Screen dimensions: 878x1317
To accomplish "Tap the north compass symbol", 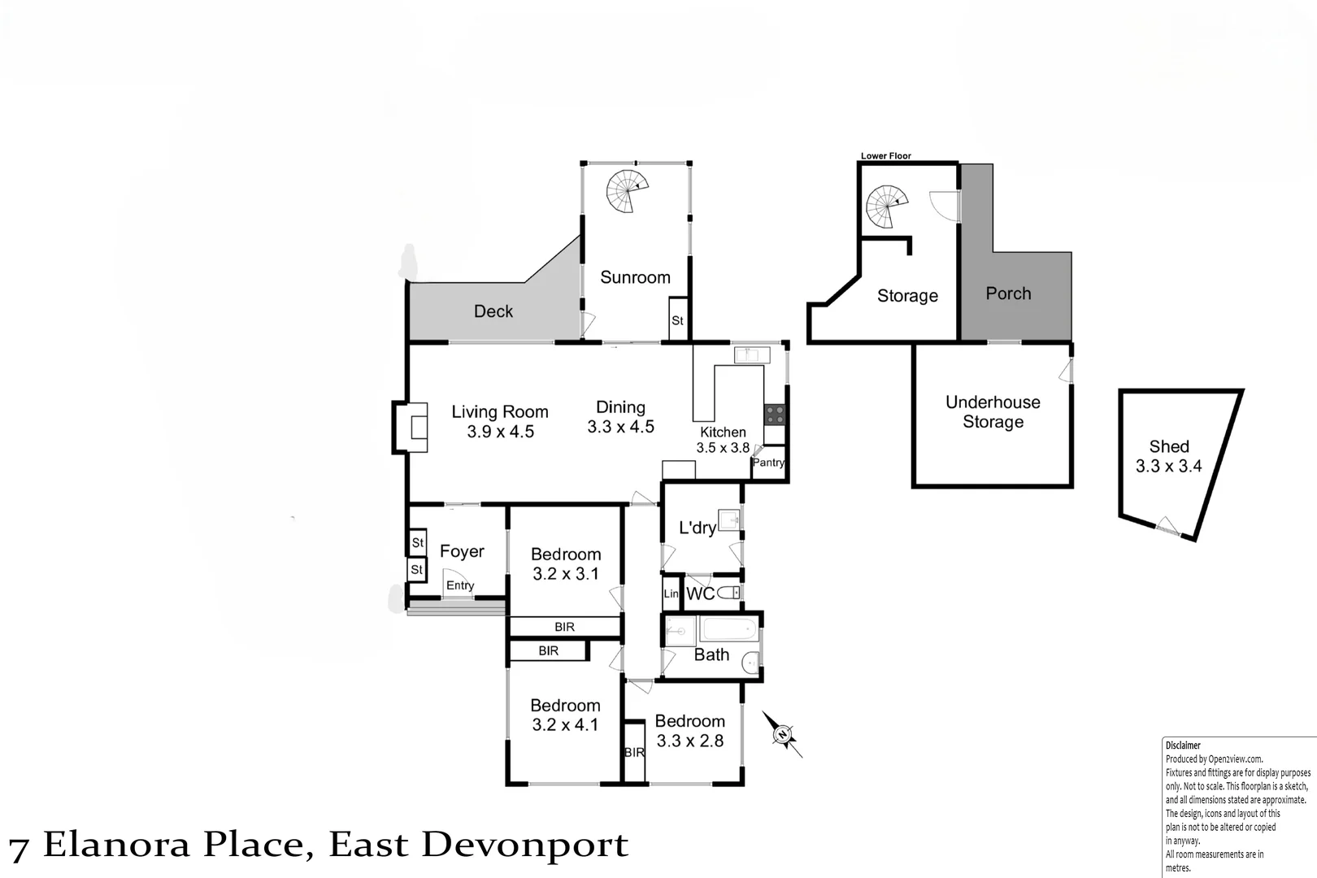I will pos(782,735).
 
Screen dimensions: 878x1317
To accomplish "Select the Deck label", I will pos(493,311).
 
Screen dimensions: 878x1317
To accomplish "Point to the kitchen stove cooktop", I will pos(774,415).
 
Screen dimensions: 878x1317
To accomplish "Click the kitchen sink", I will pos(751,355).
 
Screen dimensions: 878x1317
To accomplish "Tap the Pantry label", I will pos(768,463).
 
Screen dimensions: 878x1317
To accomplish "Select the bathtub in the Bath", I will pos(729,630).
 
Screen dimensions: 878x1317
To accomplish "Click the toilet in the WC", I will pos(729,593).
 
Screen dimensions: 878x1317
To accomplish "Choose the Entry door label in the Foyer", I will pos(460,585).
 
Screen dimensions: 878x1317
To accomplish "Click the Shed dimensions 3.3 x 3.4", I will pos(1168,467).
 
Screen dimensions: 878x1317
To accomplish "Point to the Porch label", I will pos(1008,293).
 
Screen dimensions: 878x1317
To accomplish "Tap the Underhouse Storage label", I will pos(993,411).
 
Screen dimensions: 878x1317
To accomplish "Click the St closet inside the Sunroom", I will pos(677,320).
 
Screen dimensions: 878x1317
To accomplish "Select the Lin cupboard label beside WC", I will pos(671,594).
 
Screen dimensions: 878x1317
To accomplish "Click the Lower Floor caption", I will pos(885,155).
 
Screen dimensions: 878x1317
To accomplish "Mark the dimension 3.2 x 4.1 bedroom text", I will pos(565,724).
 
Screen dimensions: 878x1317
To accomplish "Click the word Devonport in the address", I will pos(524,845).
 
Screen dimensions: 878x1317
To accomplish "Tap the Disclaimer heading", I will pos(1182,745).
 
